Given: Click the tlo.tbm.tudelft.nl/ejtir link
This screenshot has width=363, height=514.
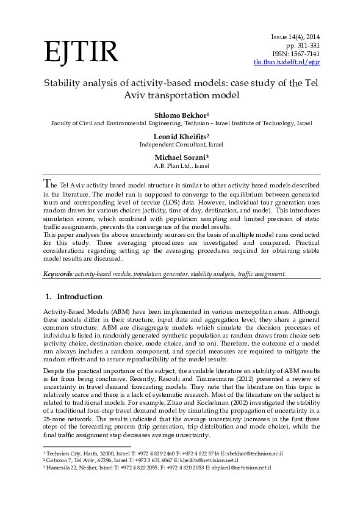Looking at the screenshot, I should point(287,62).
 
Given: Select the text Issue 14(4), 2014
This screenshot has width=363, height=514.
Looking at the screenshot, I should point(296,37).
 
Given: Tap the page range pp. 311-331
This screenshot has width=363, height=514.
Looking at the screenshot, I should point(303,45).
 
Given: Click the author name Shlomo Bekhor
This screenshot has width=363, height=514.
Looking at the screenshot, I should point(180,115).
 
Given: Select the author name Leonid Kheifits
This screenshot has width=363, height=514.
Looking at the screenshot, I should point(181,136).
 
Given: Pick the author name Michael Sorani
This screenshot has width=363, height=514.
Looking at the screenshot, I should point(181,157).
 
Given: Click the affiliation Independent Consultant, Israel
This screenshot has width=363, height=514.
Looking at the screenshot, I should point(181,145).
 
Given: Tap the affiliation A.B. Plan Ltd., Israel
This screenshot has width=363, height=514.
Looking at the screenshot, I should point(181,165).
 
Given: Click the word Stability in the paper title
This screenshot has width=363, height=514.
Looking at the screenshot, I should point(59,82).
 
